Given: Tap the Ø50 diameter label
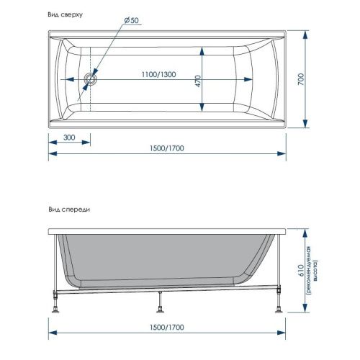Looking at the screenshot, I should [x=131, y=20].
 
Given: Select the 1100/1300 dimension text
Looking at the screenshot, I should [x=158, y=76].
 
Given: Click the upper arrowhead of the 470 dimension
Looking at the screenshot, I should [x=201, y=48].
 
